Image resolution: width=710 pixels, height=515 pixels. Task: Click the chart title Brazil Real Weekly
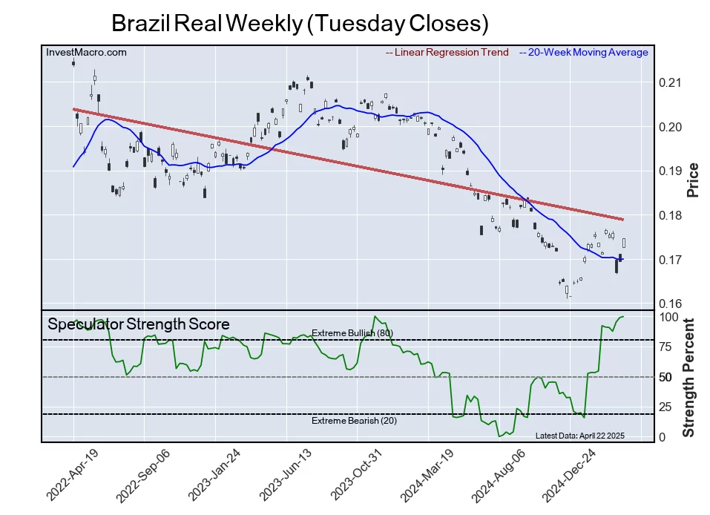300,23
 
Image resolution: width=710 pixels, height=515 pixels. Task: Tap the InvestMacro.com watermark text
86,53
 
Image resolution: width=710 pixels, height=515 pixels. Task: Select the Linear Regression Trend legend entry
447,53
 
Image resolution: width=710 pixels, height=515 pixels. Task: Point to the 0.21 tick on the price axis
669,83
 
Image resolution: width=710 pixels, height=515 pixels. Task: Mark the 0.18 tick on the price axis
669,216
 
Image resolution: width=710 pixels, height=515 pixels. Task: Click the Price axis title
693,179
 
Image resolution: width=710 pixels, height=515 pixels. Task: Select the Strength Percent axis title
688,377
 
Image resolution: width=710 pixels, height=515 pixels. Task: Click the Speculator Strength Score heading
139,324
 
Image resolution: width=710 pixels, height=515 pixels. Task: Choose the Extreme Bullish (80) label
352,333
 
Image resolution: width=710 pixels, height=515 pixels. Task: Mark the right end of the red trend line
622,220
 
